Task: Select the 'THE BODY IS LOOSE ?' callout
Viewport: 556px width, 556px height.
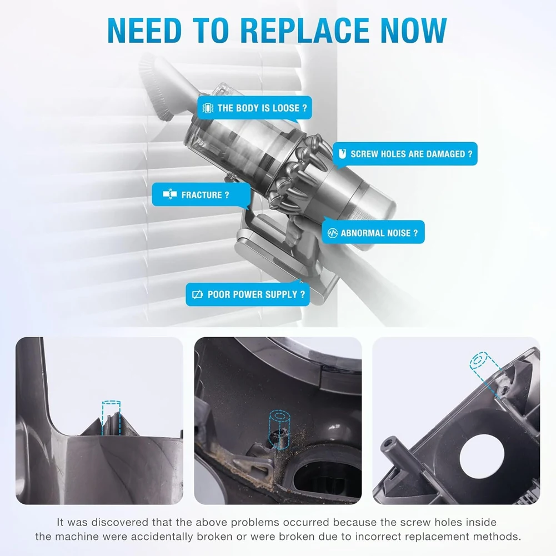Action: click(255, 108)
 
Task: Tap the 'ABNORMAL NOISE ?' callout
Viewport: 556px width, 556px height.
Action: click(374, 233)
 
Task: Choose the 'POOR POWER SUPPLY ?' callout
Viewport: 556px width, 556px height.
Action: click(248, 294)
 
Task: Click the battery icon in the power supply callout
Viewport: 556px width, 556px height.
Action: click(197, 294)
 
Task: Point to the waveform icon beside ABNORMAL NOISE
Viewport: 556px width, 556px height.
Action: click(333, 233)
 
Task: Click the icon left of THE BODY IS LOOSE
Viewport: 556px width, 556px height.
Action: click(208, 108)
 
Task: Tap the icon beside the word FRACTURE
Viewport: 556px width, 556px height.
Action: click(166, 195)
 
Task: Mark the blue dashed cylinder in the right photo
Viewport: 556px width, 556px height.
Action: click(479, 363)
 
